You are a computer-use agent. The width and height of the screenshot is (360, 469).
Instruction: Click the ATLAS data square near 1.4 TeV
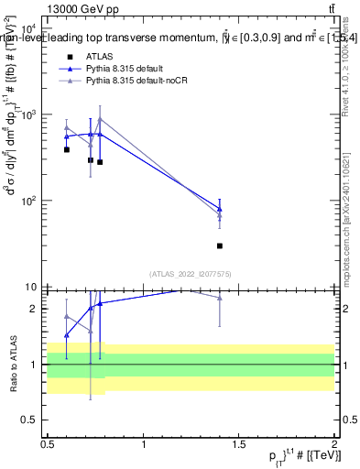(220, 245)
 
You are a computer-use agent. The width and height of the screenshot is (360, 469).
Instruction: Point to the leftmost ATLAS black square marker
(67, 149)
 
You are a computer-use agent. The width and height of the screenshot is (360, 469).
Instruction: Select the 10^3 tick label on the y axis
(28, 115)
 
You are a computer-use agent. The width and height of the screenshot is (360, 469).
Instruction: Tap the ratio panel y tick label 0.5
(32, 420)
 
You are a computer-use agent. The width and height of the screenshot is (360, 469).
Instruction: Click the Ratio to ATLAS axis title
(13, 364)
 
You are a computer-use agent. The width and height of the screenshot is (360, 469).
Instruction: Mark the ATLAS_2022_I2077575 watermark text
(190, 274)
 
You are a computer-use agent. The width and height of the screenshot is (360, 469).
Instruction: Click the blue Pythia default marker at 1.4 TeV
(220, 209)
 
